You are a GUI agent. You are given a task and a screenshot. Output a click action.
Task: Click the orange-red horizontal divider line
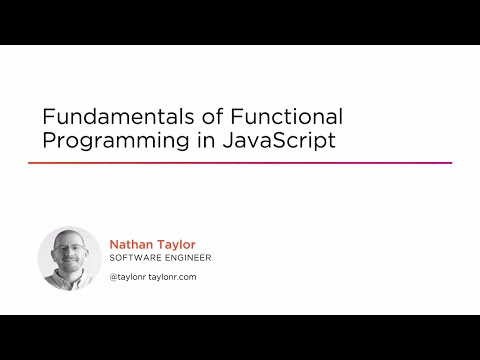pos(240,163)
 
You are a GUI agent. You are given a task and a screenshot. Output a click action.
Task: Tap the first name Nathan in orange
pos(129,243)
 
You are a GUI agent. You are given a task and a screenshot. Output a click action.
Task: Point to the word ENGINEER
pos(186,258)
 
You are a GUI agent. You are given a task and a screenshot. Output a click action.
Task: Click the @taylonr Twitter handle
pos(130,277)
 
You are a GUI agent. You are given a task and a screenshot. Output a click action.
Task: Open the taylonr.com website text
pos(176,277)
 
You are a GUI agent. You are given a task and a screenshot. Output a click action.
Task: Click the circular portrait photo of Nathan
pos(69,257)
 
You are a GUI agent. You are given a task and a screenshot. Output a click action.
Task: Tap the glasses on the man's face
pos(69,251)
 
